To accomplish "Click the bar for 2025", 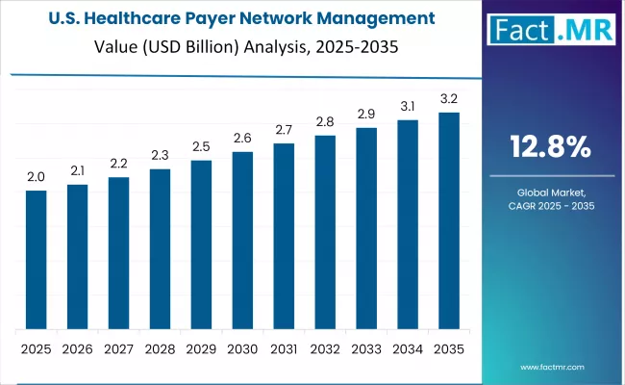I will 36,259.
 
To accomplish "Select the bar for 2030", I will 242,240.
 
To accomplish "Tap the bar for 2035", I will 449,220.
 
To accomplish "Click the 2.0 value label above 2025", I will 36,177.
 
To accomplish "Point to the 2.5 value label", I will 201,146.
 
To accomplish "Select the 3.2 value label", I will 449,99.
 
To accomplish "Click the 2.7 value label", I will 284,130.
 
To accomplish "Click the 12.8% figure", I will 550,147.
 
